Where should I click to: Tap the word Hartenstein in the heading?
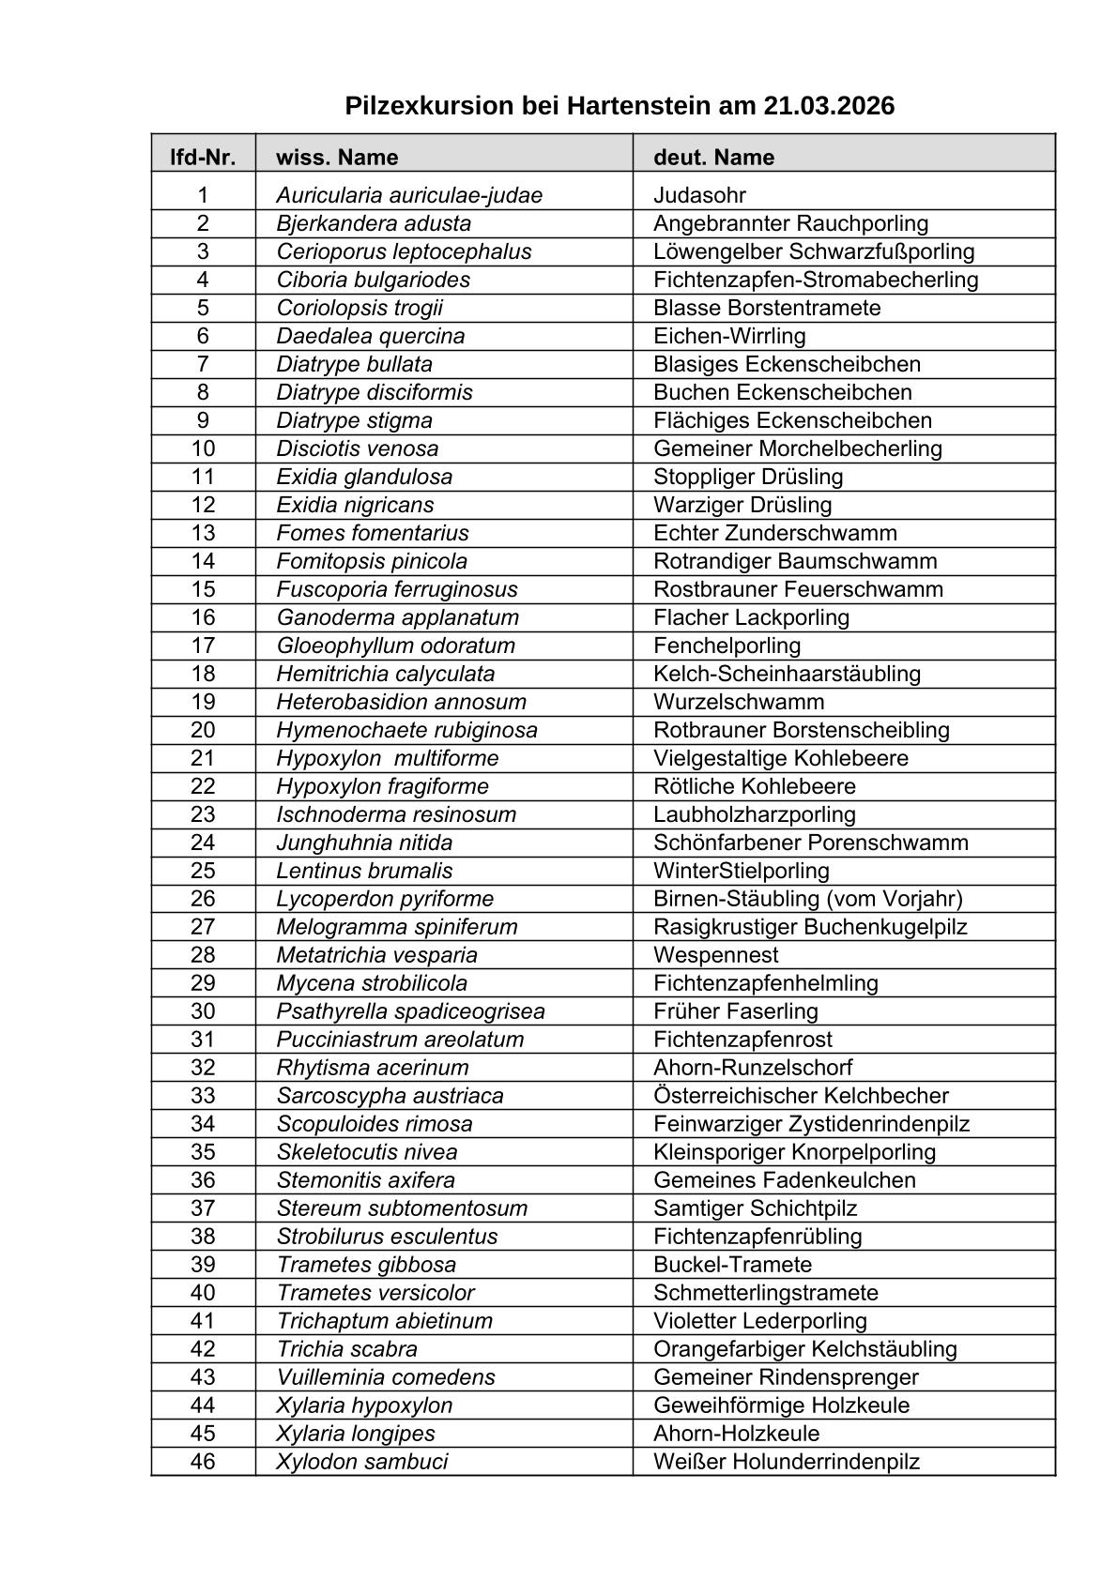(639, 106)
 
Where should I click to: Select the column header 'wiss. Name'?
(337, 157)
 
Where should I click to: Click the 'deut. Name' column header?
(713, 157)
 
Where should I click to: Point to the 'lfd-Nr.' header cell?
(203, 157)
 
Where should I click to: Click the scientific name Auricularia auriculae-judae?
(409, 195)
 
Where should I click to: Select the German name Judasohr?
(699, 195)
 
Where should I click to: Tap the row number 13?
(203, 533)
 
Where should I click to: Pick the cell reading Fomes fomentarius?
(373, 533)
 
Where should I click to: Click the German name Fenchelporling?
(727, 646)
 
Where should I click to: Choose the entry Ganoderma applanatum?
(397, 617)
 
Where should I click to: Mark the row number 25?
(203, 871)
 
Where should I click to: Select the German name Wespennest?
(715, 955)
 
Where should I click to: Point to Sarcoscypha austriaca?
(390, 1096)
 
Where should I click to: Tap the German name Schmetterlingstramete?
(765, 1293)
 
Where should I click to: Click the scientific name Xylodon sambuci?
(361, 1462)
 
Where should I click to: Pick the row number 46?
(203, 1462)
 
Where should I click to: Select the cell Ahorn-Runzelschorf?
(753, 1068)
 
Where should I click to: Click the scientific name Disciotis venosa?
(357, 448)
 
